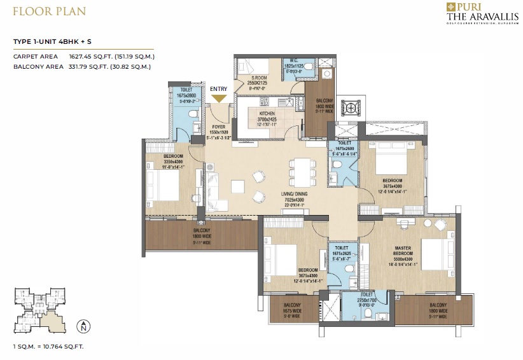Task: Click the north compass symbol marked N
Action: pyautogui.click(x=82, y=328)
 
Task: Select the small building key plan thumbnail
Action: pyautogui.click(x=39, y=311)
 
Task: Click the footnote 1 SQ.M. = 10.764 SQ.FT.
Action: pyautogui.click(x=48, y=347)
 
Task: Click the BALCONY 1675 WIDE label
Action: pyautogui.click(x=292, y=310)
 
